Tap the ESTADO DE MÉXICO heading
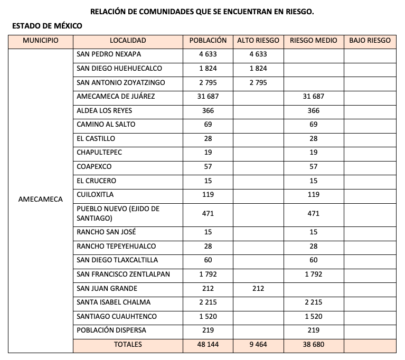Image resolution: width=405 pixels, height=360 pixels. click(x=47, y=26)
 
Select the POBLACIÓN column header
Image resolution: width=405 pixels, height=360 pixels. click(x=208, y=41)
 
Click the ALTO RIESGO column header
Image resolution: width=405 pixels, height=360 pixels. click(x=258, y=41)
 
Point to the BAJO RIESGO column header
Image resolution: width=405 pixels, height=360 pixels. click(x=370, y=41)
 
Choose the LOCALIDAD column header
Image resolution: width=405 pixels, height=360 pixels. click(x=128, y=41)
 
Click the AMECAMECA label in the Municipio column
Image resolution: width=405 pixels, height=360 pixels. click(x=40, y=200)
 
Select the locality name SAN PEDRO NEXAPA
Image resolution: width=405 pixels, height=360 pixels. click(x=109, y=54)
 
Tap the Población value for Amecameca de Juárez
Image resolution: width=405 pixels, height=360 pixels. click(x=208, y=97)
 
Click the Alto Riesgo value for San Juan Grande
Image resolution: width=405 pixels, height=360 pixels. click(x=258, y=289)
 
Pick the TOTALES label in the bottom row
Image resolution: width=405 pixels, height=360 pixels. click(x=128, y=345)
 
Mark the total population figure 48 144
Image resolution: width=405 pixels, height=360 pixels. click(x=208, y=345)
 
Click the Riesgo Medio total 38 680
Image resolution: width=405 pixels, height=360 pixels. click(x=314, y=345)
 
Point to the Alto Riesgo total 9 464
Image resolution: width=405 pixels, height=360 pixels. click(x=258, y=345)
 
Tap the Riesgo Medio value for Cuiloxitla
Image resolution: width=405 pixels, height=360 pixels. click(x=314, y=195)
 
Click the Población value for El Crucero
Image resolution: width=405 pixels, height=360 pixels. click(x=208, y=181)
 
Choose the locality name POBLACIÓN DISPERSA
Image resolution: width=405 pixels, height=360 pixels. click(x=111, y=330)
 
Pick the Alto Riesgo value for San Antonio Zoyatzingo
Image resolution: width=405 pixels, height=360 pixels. click(x=258, y=83)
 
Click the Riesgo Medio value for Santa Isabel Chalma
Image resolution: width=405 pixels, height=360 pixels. click(x=314, y=302)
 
